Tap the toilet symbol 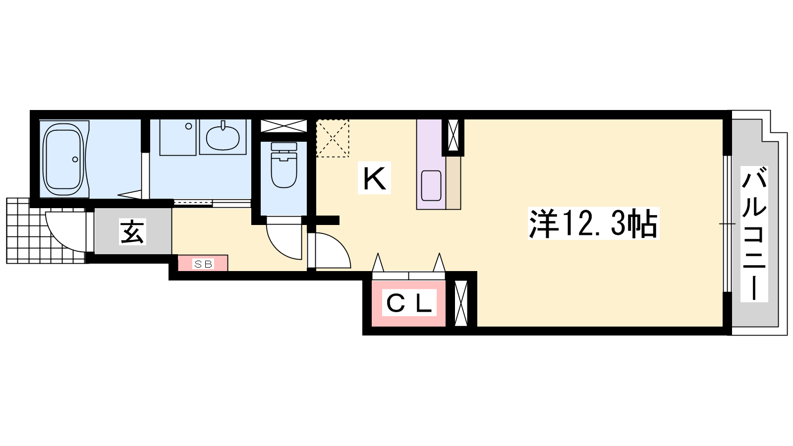[x=283, y=165]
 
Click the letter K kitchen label [x=374, y=177]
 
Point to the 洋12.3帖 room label [x=593, y=223]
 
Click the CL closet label [x=409, y=303]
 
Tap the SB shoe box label [x=203, y=264]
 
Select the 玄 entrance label [x=132, y=232]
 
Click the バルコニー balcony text [x=754, y=234]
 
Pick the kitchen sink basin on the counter [x=431, y=185]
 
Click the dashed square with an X [x=333, y=138]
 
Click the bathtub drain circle [x=75, y=159]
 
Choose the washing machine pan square [x=178, y=137]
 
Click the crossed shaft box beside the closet [x=461, y=303]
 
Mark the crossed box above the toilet [x=283, y=126]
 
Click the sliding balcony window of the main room [x=727, y=223]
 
